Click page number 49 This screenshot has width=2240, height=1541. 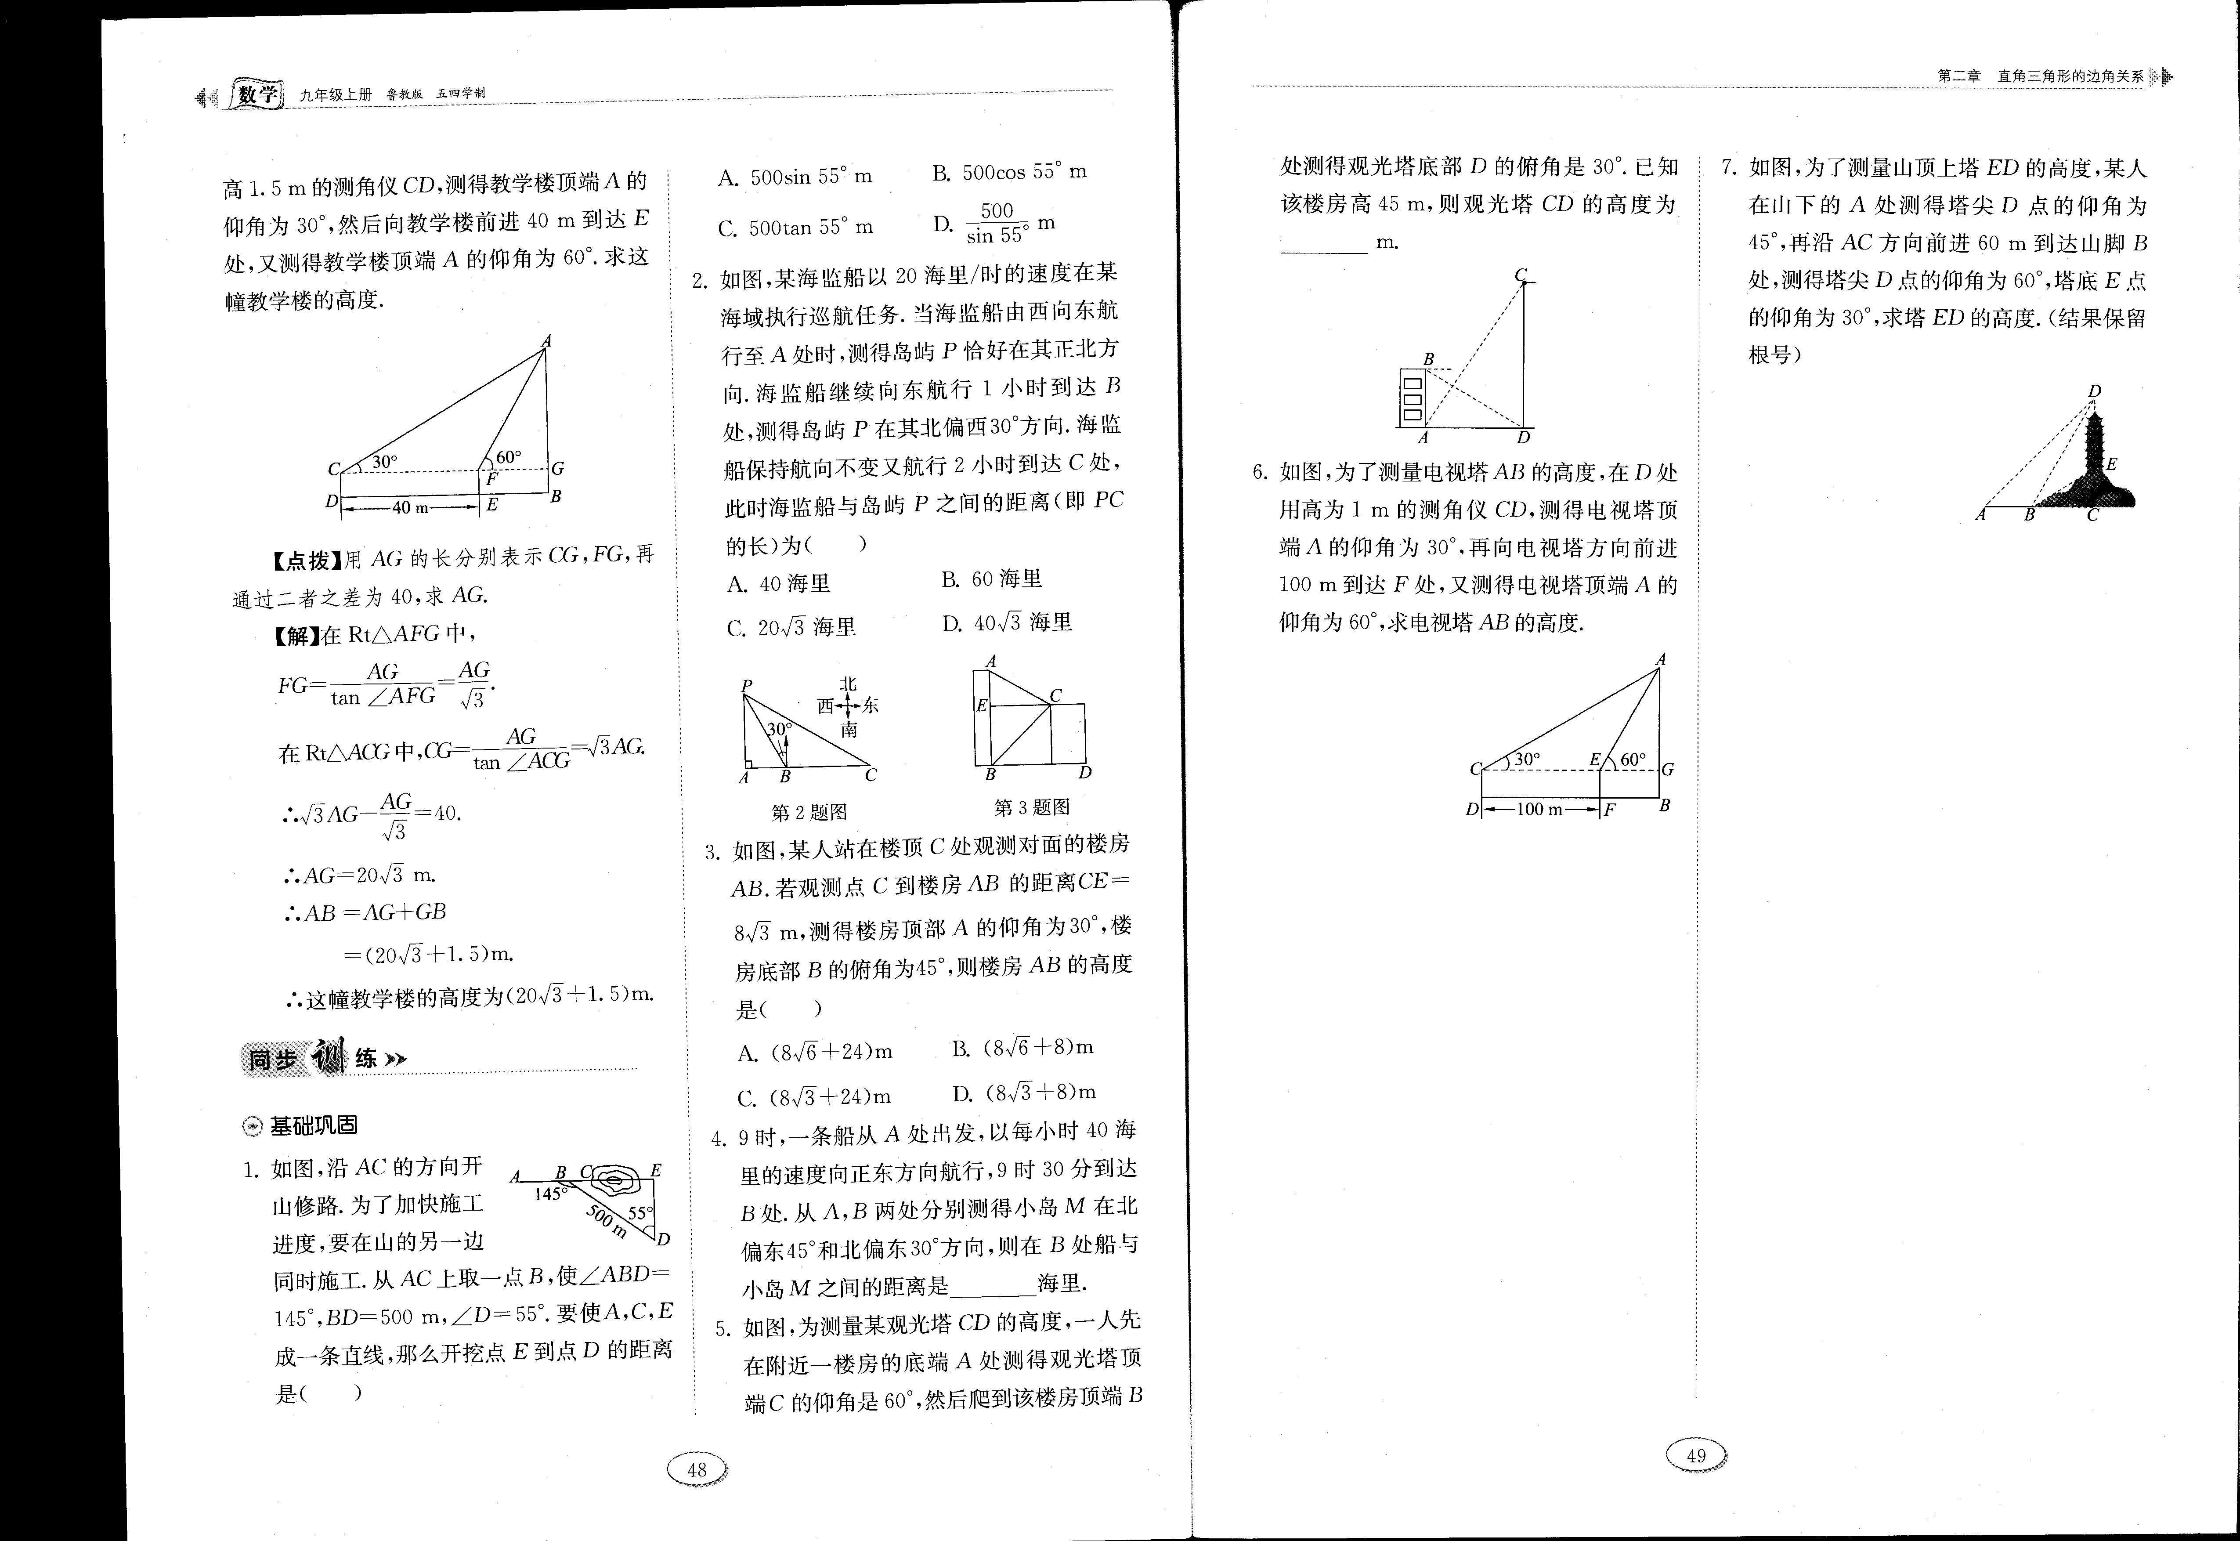1696,1455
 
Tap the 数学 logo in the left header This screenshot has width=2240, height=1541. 257,96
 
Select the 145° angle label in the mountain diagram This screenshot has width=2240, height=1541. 550,1194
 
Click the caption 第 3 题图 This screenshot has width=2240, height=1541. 1032,807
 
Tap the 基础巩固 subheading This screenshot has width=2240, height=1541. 302,1125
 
